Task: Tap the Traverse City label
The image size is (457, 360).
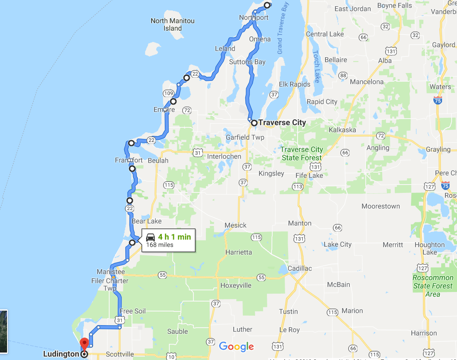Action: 282,122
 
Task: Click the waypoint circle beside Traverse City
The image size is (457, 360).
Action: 254,123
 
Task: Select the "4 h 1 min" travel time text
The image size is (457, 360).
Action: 174,237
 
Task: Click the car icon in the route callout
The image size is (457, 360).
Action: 151,238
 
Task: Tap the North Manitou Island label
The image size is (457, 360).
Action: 172,24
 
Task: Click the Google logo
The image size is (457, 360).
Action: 236,346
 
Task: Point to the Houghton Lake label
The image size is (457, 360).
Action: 429,248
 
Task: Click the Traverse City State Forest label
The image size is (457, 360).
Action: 301,153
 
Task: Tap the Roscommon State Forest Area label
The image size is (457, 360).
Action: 433,286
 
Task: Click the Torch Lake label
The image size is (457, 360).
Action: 317,66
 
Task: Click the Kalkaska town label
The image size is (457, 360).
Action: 342,130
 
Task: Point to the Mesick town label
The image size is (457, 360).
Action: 235,225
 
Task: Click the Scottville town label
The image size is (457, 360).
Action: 120,354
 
